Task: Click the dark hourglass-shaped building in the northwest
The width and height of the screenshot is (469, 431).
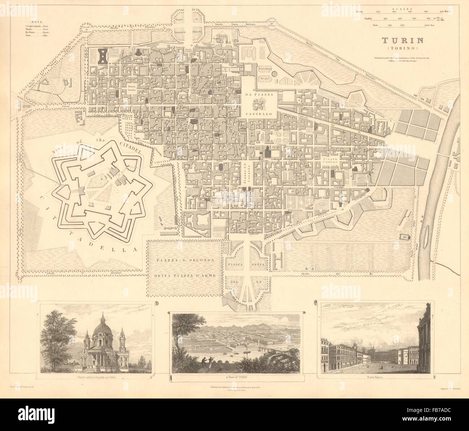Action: pos(103,55)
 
